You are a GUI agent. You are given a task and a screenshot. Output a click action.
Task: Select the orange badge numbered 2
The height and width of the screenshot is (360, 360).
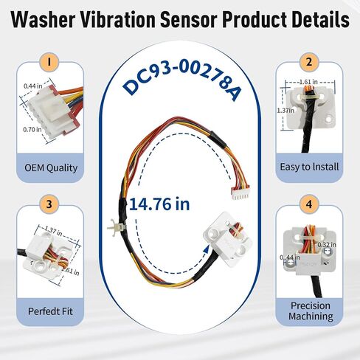point(308,61)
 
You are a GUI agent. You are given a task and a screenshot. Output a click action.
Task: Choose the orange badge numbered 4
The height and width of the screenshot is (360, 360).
point(308,204)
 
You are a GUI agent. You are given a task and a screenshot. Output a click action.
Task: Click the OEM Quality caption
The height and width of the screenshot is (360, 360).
point(51,167)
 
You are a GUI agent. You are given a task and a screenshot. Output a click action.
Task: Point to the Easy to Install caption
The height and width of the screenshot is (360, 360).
point(308,167)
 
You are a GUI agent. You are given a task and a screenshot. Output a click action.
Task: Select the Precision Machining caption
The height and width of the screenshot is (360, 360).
point(308,309)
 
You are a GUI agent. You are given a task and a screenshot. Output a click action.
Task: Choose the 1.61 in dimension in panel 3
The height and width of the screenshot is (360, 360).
point(72,271)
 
